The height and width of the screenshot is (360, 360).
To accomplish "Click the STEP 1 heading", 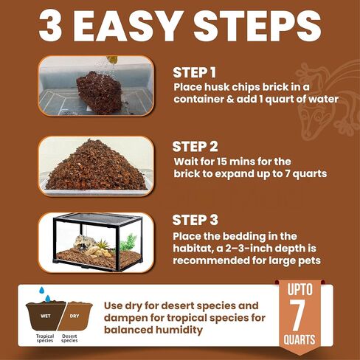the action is tap(194, 72).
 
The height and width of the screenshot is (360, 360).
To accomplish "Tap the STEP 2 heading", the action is tap(195, 147).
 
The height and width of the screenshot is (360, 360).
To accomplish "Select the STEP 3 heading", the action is tap(195, 220).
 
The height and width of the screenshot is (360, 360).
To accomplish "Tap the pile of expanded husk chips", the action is tap(97, 165).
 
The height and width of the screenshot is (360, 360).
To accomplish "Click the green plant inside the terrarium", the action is tap(128, 242).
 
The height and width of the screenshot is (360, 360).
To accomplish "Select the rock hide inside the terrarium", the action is tap(84, 243).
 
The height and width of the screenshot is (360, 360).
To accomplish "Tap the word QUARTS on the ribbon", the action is tap(300, 340).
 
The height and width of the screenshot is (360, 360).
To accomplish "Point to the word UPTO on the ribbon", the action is tap(300, 289).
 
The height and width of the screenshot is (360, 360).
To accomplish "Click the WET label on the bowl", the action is tap(46, 316).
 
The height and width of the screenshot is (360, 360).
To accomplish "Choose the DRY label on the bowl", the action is tap(75, 316).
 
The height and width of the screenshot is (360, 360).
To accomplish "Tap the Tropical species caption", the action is tap(45, 339).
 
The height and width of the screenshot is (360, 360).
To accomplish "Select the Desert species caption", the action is tap(69, 339).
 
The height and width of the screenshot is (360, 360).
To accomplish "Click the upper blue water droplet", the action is tap(41, 290).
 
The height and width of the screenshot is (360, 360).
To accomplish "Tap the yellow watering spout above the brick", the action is tap(112, 60).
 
